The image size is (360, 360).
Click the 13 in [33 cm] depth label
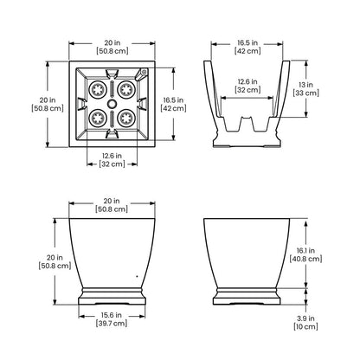305,89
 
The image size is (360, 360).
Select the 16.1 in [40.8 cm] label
305,254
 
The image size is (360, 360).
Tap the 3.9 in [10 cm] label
305,323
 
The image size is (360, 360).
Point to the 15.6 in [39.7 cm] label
112,319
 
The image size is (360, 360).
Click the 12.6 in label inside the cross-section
247,86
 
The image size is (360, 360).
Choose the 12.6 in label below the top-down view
112,160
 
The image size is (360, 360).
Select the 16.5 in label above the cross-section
247,47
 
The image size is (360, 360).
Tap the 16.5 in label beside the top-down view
173,104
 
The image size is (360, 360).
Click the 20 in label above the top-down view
112,47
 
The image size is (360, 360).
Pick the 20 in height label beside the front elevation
55,261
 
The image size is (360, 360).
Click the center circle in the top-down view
112,104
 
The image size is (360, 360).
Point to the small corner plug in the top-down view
144,72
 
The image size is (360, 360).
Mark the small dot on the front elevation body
137,276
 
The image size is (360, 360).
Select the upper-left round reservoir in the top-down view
97,90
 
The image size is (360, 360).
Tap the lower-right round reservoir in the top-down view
126,118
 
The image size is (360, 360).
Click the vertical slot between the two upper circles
112,89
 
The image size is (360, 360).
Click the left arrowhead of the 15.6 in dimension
81,317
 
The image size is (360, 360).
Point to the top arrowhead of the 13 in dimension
306,63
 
